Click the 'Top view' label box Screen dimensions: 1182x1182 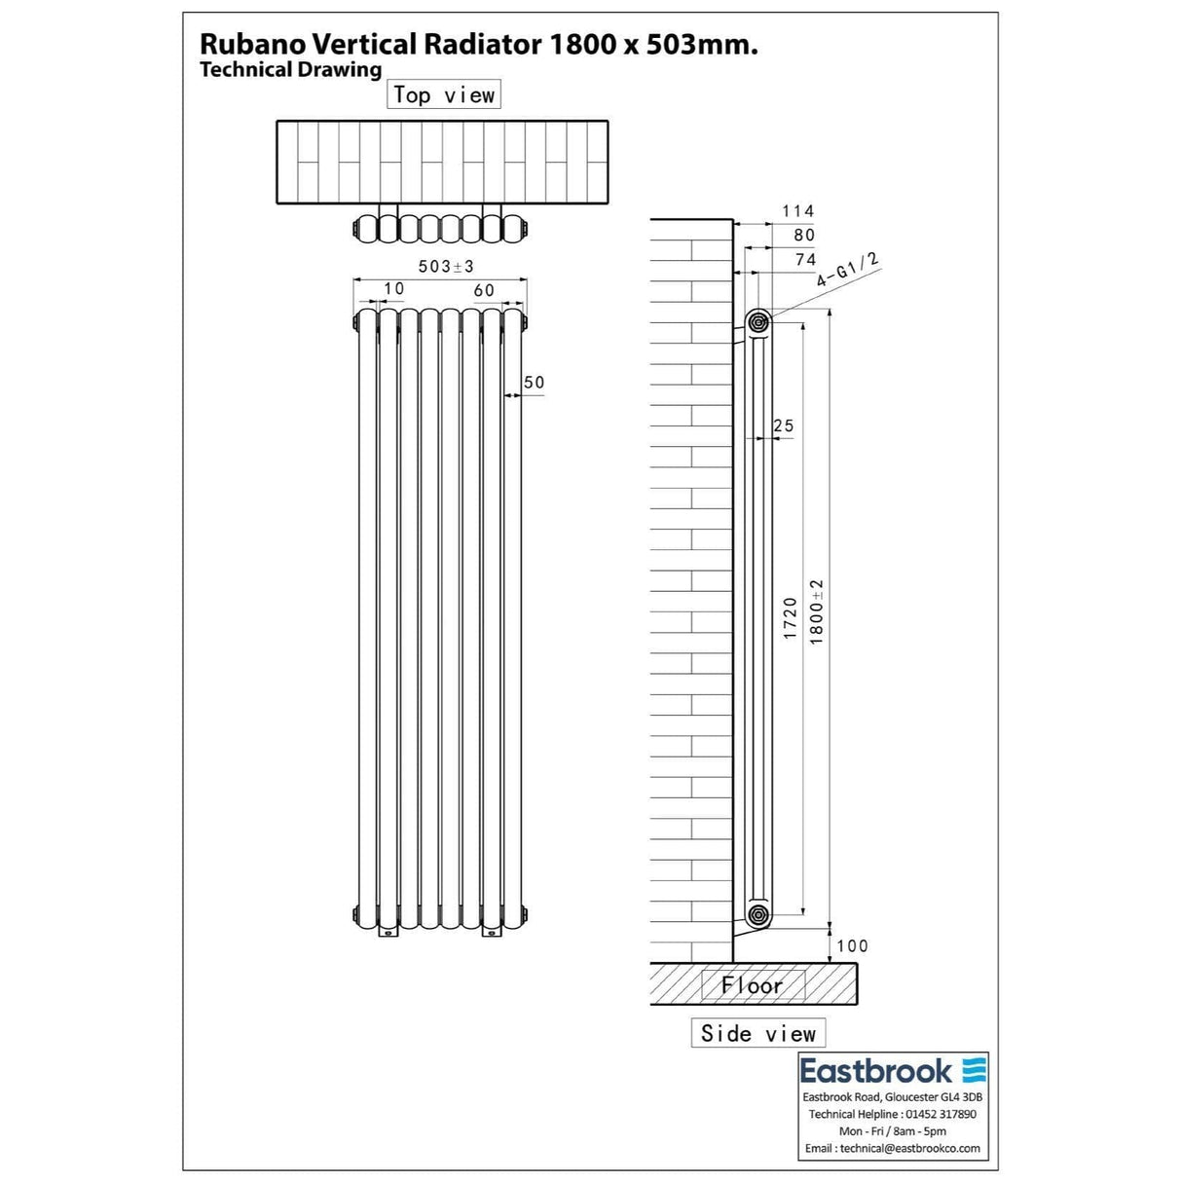444,94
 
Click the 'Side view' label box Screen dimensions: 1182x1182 757,1033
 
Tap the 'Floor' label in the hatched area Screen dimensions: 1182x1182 752,985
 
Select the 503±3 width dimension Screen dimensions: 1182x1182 445,266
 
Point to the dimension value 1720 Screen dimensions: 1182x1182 791,618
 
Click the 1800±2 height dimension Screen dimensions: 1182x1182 817,611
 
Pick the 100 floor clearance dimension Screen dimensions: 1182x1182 851,945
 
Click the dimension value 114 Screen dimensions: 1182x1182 797,210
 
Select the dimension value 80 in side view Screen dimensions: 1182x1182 803,235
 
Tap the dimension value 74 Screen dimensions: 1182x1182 805,259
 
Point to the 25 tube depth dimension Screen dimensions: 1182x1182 783,425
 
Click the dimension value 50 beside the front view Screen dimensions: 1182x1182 534,383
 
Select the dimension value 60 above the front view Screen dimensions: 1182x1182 484,290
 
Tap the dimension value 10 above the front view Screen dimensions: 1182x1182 393,288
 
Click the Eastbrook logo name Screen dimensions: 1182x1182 875,1072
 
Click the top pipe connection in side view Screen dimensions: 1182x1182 757,320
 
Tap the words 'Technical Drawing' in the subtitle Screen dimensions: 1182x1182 290,69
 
